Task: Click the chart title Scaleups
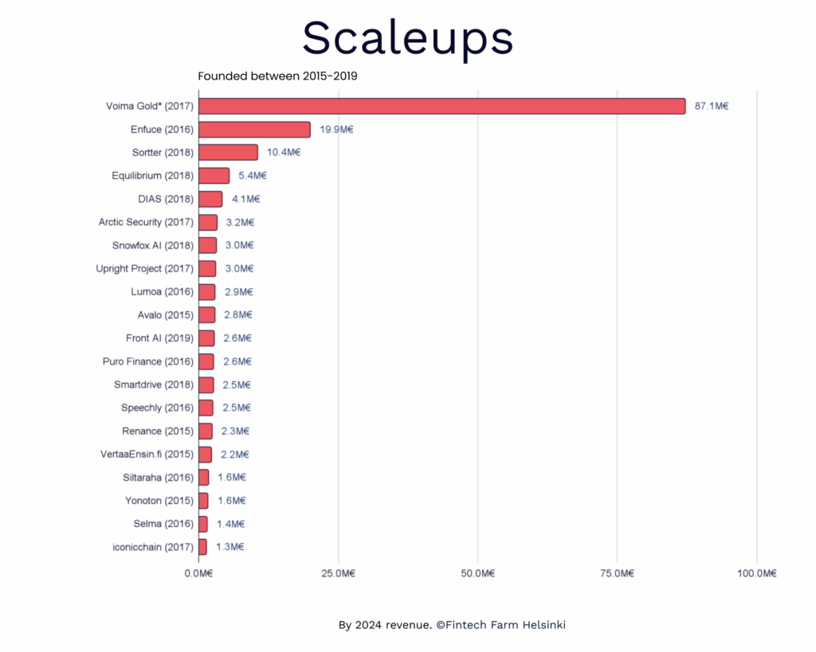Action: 407,37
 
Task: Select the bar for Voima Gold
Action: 441,106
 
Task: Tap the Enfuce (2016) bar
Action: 254,129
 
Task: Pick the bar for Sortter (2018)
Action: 228,152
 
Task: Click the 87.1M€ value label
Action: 712,106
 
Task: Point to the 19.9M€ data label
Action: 336,129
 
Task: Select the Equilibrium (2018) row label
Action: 152,175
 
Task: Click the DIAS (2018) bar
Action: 210,199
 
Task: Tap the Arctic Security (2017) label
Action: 146,222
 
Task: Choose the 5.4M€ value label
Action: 253,175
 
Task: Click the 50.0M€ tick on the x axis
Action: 477,573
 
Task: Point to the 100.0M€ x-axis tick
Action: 756,573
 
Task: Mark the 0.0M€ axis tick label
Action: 198,573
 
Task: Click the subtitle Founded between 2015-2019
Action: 277,76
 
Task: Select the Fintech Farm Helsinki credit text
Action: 452,625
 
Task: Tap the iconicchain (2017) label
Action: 152,547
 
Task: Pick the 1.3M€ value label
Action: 230,547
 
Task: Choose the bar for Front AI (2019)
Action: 206,338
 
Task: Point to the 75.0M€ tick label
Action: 617,573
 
